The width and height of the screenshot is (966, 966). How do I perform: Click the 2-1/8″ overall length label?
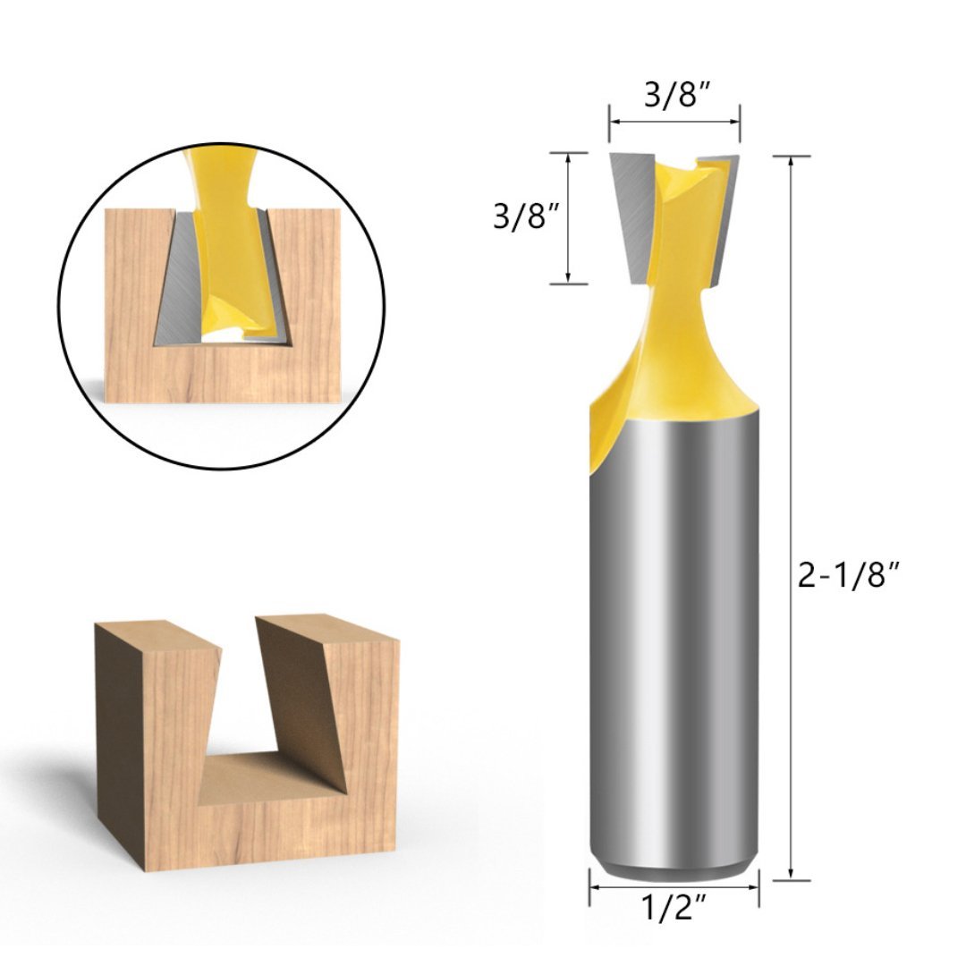point(846,578)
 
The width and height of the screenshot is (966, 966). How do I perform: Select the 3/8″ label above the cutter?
point(676,96)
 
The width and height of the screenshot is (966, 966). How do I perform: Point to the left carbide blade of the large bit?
point(636,215)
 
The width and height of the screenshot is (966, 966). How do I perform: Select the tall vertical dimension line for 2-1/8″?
point(791,519)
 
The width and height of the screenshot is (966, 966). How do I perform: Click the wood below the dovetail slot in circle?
point(224,376)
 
